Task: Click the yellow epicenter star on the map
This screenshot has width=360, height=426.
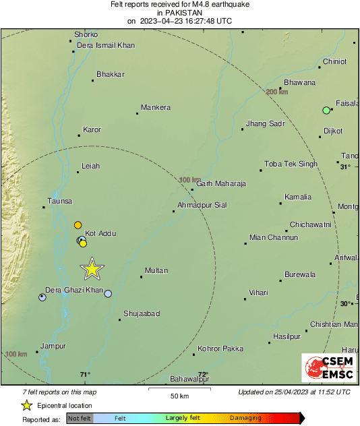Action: coord(92,269)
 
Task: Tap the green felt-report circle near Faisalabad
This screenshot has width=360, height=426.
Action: coord(326,110)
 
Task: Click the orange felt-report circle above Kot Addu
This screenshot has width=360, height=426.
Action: coord(78,224)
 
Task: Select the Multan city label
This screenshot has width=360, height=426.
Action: coord(156,270)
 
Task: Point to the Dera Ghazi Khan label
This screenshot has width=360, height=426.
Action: coord(73,290)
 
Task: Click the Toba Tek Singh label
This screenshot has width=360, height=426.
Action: coord(291,164)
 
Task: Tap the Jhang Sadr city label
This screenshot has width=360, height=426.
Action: coord(265,124)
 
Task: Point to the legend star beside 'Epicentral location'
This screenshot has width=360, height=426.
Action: coord(26,405)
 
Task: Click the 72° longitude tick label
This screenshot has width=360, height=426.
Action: coord(203,375)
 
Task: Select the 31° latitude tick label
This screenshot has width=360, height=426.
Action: coord(345,166)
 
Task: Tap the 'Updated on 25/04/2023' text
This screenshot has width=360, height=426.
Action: coord(294,392)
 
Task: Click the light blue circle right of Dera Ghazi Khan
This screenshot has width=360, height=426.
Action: coord(108,294)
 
